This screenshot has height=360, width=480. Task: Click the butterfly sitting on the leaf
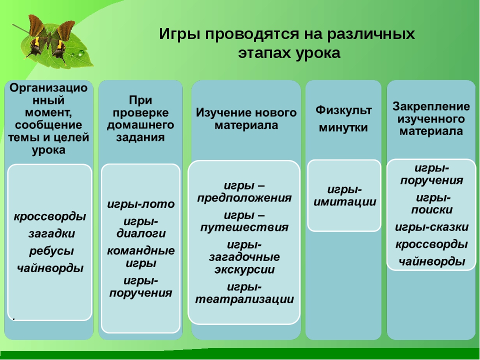point(49,38)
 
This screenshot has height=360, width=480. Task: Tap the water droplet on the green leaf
point(81,53)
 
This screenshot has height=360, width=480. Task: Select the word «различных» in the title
point(370,34)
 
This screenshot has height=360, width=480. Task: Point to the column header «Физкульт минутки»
point(343,118)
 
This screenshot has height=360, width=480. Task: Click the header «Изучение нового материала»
point(246,119)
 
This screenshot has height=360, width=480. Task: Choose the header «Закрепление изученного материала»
point(431,119)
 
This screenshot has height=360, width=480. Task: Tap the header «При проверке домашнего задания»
point(140,119)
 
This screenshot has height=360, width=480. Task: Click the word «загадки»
point(51,233)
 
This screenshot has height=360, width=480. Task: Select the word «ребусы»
point(51,251)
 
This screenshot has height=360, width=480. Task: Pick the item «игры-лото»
point(141,204)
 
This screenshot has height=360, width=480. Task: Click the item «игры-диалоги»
point(141,227)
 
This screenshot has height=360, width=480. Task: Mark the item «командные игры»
point(141,257)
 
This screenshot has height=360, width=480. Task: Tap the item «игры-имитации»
point(344,195)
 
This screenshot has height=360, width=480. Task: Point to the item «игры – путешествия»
point(244,221)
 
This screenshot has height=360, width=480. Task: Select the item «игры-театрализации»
point(244,293)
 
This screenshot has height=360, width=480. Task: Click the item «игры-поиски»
point(432,204)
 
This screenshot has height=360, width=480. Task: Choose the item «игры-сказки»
point(431,227)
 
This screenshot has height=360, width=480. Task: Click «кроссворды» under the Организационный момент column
point(50,216)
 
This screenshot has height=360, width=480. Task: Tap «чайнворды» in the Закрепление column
point(431,261)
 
